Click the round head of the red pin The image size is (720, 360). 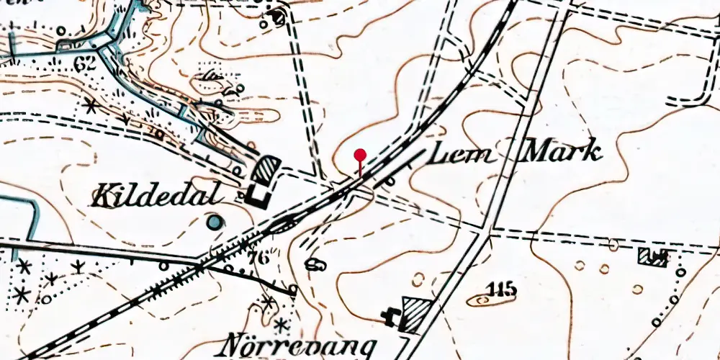(360, 154)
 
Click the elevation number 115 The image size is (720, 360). (503, 289)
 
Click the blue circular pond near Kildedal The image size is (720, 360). (214, 223)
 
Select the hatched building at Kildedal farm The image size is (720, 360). (266, 171)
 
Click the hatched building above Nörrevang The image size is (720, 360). (416, 315)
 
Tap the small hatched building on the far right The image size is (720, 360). (653, 257)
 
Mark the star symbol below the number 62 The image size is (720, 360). (90, 107)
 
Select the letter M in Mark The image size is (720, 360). (533, 151)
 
